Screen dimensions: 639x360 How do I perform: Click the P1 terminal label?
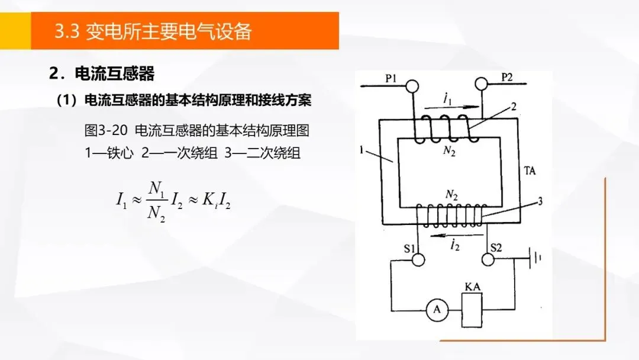click(392, 78)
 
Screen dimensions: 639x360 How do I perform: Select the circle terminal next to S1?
click(419, 259)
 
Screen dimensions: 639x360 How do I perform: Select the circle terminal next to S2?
click(488, 259)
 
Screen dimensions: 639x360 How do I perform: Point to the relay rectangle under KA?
click(472, 310)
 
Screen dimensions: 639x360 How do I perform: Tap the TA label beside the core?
click(530, 172)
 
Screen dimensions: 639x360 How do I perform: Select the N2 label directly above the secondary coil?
click(451, 194)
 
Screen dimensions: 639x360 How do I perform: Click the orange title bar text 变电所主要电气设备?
click(169, 31)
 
